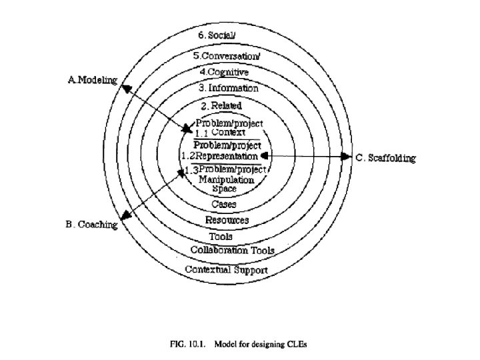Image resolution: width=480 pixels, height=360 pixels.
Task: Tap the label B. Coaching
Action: [x=91, y=225]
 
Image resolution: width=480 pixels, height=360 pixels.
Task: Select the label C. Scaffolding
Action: [x=385, y=158]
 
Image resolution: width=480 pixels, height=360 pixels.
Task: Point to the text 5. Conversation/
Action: [x=223, y=56]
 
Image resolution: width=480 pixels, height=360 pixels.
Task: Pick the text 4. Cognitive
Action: [x=223, y=71]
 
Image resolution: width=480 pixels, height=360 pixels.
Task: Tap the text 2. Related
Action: [x=221, y=105]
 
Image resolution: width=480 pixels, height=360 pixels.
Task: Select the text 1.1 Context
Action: [x=221, y=133]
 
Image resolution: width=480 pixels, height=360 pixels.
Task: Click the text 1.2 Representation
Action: [x=219, y=155]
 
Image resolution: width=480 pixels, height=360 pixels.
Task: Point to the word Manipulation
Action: [x=227, y=179]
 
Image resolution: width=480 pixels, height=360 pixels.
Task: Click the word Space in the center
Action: [x=224, y=189]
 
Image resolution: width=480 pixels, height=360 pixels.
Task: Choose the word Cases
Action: [x=224, y=204]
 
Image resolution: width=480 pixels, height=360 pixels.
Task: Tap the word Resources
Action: [x=227, y=220]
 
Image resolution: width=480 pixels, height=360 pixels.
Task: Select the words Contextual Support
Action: [x=226, y=270]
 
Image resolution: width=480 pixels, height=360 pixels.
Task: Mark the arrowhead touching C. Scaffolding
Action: [x=347, y=157]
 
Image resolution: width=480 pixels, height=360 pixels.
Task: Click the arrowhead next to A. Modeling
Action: [x=123, y=85]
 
